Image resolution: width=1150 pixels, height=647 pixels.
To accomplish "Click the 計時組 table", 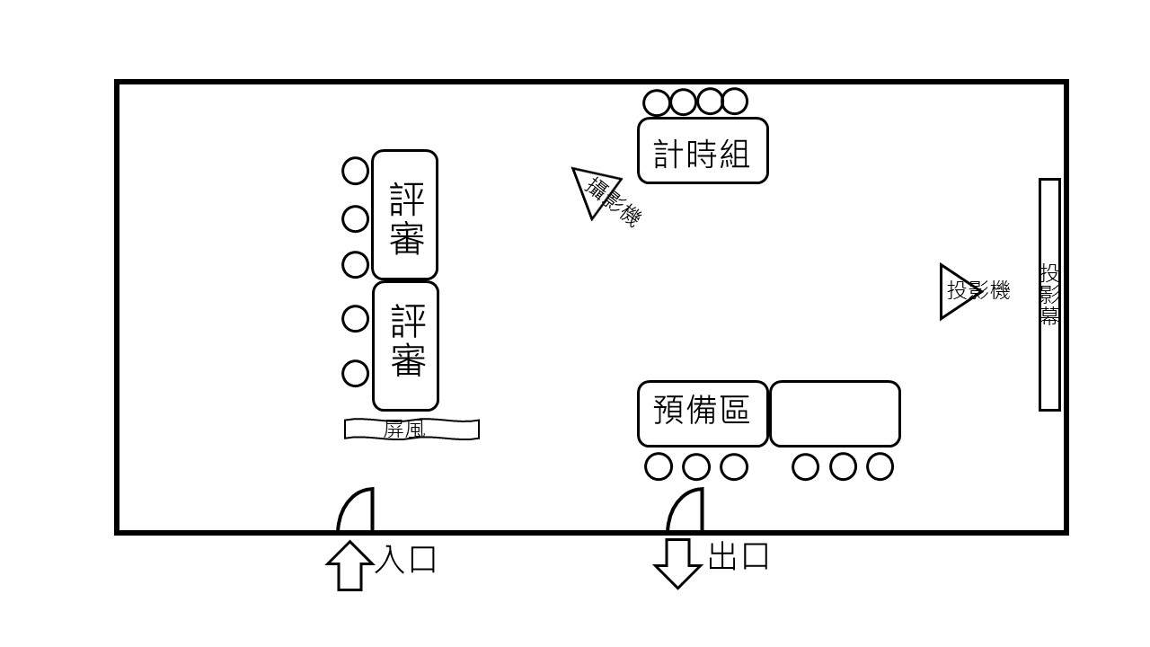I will click(x=703, y=150).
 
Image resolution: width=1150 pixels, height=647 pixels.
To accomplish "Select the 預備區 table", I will click(x=703, y=413).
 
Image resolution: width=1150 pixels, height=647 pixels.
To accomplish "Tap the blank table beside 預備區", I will click(x=835, y=413).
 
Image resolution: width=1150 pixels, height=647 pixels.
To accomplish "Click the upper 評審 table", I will click(x=404, y=215).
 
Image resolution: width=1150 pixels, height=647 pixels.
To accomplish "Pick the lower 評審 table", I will click(x=405, y=346).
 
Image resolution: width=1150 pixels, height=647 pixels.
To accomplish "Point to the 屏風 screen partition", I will click(x=411, y=430).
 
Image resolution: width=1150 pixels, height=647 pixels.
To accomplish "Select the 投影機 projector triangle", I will click(x=955, y=291).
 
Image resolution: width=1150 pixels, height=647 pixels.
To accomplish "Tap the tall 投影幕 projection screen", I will click(x=1049, y=295).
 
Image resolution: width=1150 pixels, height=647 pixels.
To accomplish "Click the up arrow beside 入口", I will click(x=349, y=564).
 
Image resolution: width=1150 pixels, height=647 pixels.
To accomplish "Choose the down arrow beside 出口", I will click(x=677, y=563).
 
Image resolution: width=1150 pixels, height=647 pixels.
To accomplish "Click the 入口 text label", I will click(x=406, y=559).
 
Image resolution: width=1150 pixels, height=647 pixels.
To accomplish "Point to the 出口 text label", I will click(x=739, y=556).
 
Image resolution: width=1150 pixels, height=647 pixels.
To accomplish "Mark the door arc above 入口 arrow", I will click(x=356, y=511).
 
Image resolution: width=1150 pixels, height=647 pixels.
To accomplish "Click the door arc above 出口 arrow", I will click(x=686, y=511).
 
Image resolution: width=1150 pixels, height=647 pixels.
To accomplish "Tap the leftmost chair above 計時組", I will click(x=657, y=102).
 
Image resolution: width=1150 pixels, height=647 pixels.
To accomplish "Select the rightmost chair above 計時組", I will click(x=735, y=102).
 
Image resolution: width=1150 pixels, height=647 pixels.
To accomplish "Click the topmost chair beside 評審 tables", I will click(x=356, y=170).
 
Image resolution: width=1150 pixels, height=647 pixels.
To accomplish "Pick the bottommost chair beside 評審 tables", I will click(x=356, y=373).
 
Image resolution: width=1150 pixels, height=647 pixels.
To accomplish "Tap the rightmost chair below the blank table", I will click(x=880, y=466).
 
